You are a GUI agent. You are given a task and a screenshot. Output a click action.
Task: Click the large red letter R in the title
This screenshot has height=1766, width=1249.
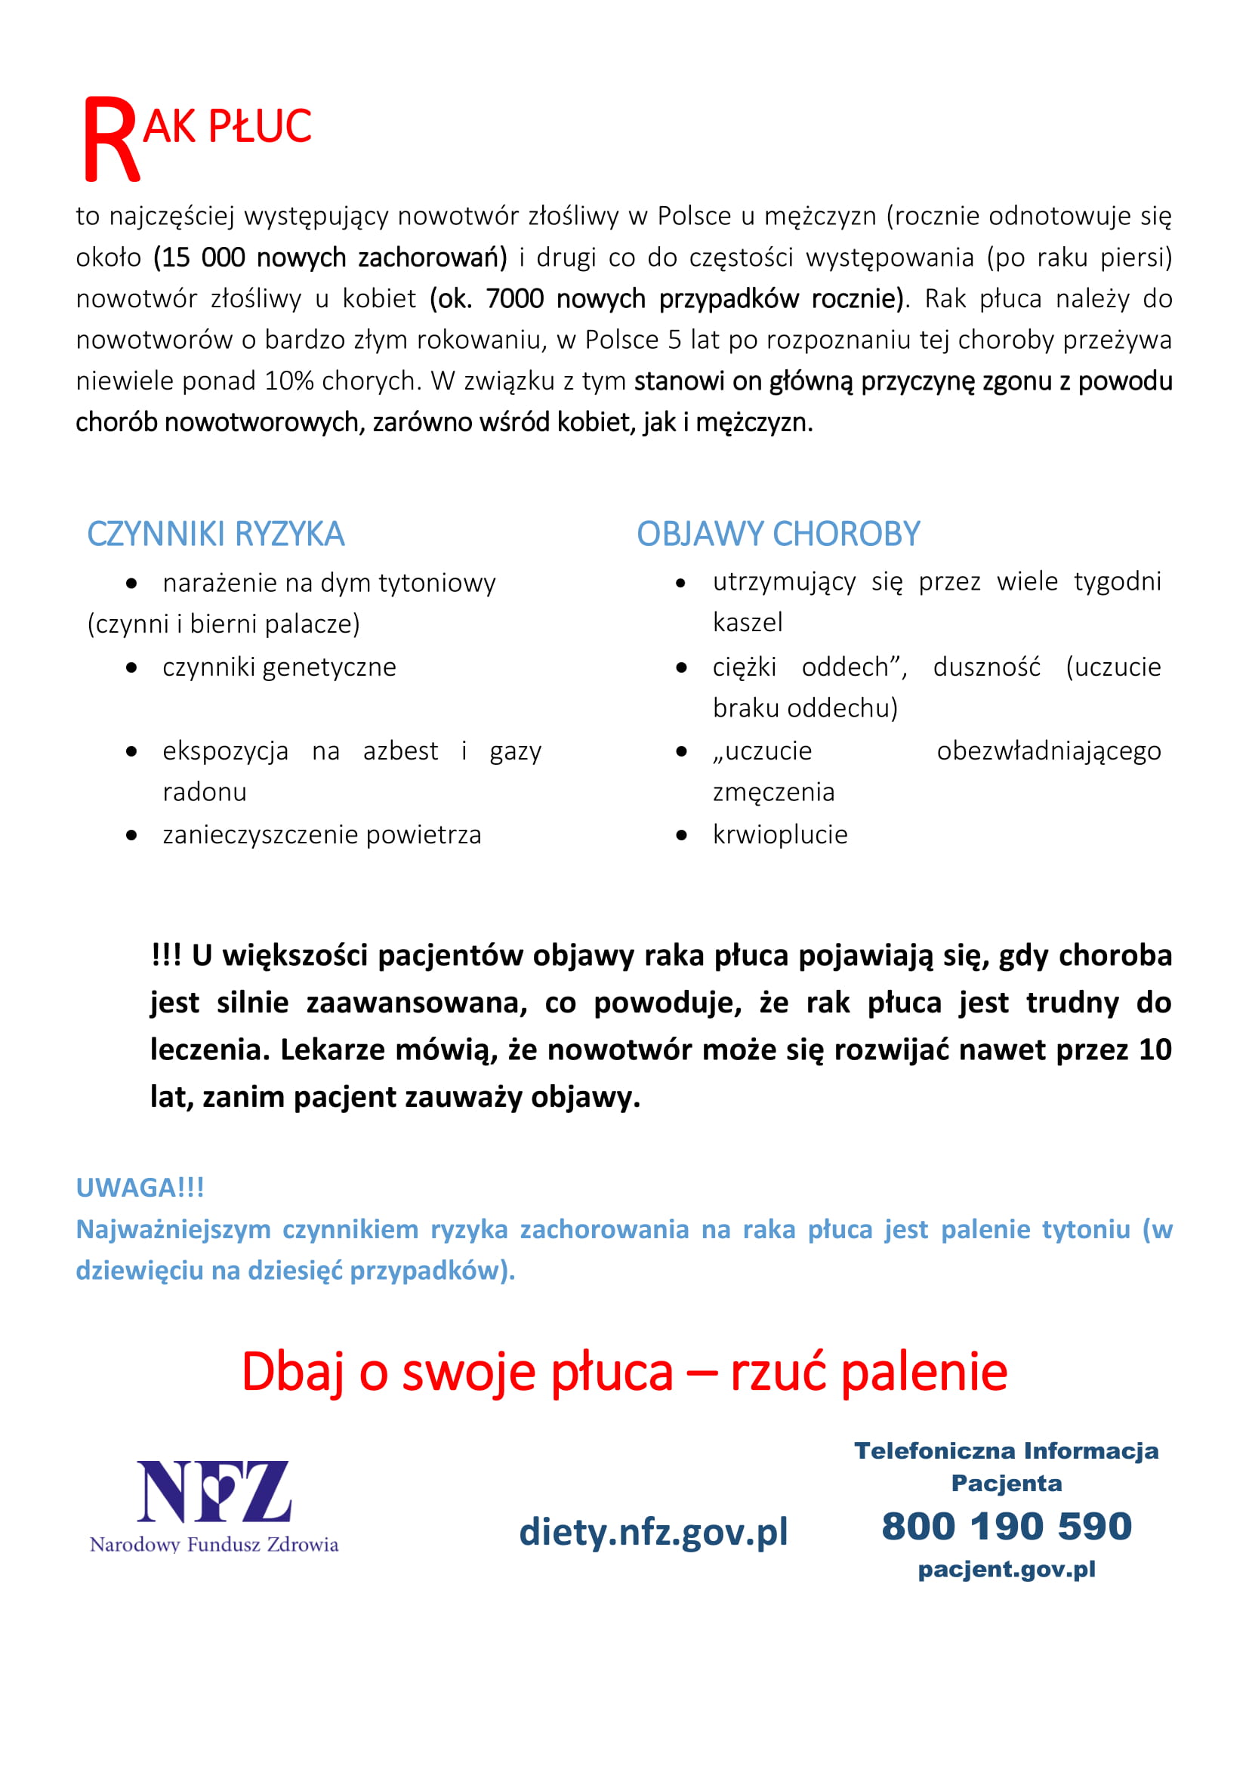pos(111,139)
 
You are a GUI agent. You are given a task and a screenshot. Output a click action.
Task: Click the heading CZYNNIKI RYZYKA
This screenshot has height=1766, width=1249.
pos(215,535)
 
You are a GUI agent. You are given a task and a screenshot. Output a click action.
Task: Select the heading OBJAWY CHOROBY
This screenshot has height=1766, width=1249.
pos(778,535)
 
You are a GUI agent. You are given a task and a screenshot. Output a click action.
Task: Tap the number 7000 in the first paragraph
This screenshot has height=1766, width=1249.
pos(514,298)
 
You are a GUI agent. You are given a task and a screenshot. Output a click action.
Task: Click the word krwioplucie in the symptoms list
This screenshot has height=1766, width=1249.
pos(780,834)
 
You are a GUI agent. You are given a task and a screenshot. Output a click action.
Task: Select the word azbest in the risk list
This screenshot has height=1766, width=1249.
pos(400,750)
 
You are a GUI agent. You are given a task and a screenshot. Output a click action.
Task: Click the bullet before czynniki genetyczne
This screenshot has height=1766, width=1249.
pos(131,667)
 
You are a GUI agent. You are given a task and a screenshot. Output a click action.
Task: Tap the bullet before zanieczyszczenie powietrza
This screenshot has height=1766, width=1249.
pos(131,835)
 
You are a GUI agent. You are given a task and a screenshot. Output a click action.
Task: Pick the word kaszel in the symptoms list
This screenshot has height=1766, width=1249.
pos(747,622)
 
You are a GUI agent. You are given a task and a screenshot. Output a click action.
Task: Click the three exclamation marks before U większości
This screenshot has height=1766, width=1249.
pos(165,955)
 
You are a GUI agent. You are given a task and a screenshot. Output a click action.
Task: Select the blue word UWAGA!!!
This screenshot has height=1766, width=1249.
pos(140,1188)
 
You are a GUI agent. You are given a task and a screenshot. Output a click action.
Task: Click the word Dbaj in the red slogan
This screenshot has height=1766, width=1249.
pos(292,1371)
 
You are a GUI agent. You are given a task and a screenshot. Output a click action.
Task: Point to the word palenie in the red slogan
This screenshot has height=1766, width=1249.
pos(924,1371)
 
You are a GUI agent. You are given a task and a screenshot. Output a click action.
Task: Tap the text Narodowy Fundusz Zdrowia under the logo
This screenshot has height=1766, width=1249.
pos(214,1545)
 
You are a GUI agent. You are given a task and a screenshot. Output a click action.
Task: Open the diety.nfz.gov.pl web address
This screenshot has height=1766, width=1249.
pos(653,1531)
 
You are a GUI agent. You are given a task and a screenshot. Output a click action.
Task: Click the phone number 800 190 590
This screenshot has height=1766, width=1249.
pos(1006,1526)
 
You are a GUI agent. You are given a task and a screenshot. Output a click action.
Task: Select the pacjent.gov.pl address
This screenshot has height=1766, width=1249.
pos(1006,1569)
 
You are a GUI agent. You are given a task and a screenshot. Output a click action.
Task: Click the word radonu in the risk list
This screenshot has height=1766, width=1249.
pos(205,792)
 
